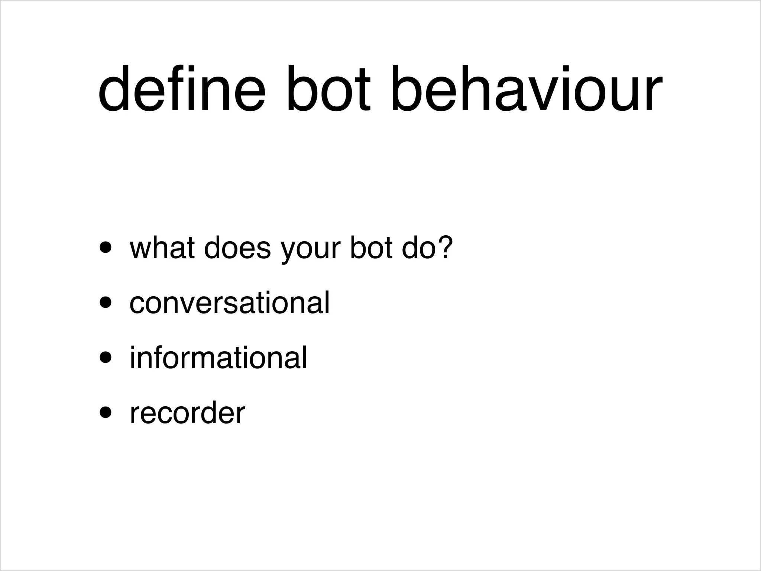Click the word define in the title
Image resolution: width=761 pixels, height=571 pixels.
click(x=182, y=89)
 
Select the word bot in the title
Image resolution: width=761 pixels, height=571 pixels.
click(x=328, y=89)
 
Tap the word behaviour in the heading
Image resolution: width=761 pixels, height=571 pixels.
click(x=526, y=89)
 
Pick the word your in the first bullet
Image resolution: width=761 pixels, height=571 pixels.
click(x=311, y=251)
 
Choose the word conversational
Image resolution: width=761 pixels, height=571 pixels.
click(x=229, y=303)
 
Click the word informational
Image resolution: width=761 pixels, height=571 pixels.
click(x=218, y=358)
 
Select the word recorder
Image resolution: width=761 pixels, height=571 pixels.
click(x=187, y=413)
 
